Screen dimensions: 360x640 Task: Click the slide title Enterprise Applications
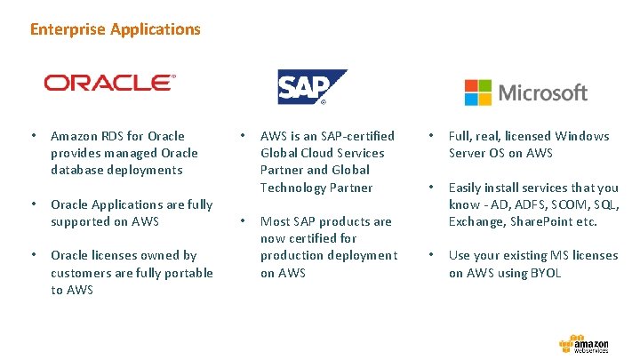click(116, 29)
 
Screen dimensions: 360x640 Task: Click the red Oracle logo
click(110, 84)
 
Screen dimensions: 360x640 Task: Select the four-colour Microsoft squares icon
click(477, 92)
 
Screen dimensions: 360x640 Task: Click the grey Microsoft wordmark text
click(542, 92)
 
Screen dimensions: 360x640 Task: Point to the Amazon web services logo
click(584, 344)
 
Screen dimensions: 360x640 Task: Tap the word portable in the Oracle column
click(188, 273)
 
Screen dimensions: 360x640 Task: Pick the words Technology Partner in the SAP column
click(316, 188)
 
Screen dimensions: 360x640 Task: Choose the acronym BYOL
click(545, 273)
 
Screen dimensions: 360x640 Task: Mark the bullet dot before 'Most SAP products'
click(242, 221)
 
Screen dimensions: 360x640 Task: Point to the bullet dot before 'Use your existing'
click(430, 256)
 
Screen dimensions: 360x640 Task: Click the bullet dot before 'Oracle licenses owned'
click(33, 256)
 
